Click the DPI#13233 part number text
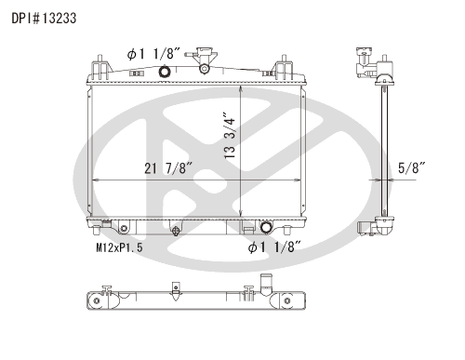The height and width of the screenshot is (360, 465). tap(44, 17)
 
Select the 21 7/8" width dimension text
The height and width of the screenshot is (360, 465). tap(168, 167)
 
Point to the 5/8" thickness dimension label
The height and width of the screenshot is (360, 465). tap(411, 167)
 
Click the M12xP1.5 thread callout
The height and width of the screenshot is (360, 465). tap(121, 248)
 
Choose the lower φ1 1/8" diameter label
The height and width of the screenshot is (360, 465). tap(275, 247)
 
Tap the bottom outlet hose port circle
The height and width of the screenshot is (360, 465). tap(269, 228)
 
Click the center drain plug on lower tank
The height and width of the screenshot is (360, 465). tap(176, 229)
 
